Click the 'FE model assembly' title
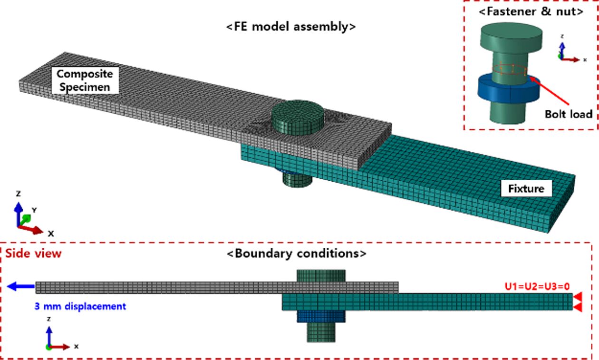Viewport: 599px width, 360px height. click(x=291, y=27)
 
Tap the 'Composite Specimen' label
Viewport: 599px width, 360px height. click(x=85, y=80)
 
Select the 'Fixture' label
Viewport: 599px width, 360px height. click(x=526, y=188)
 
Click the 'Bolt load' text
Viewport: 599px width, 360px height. click(x=569, y=114)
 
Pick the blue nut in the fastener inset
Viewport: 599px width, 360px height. click(x=508, y=93)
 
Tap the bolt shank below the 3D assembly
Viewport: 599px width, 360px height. click(x=297, y=180)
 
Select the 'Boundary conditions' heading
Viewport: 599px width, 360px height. click(x=296, y=253)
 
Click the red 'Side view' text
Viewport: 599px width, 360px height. click(x=33, y=253)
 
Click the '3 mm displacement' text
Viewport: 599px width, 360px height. click(x=80, y=306)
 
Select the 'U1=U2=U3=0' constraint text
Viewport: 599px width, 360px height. click(x=537, y=286)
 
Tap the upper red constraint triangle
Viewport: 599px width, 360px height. click(x=578, y=297)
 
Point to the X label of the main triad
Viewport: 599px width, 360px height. click(x=50, y=234)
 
